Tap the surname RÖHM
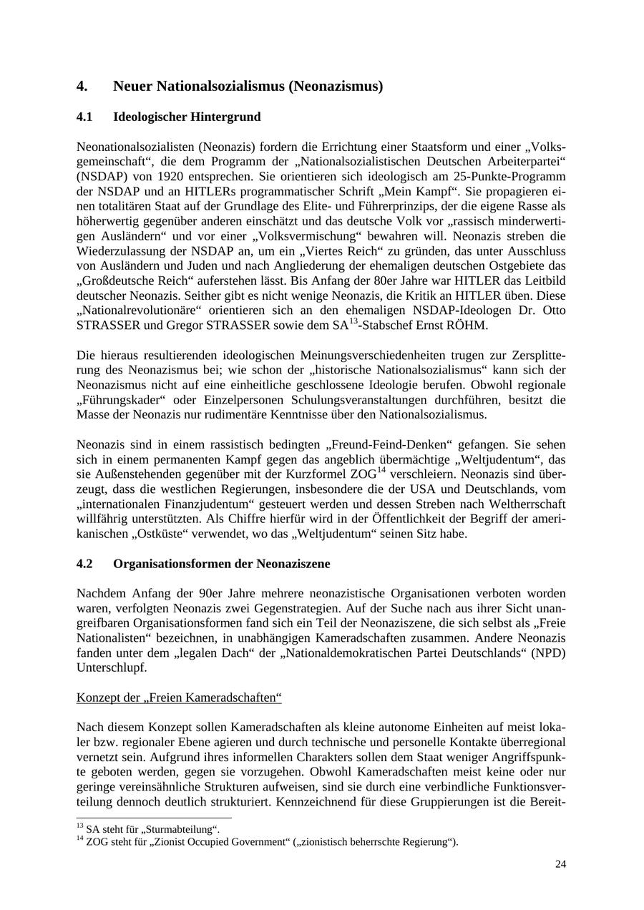click(x=465, y=326)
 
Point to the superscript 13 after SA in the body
click(x=353, y=321)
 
